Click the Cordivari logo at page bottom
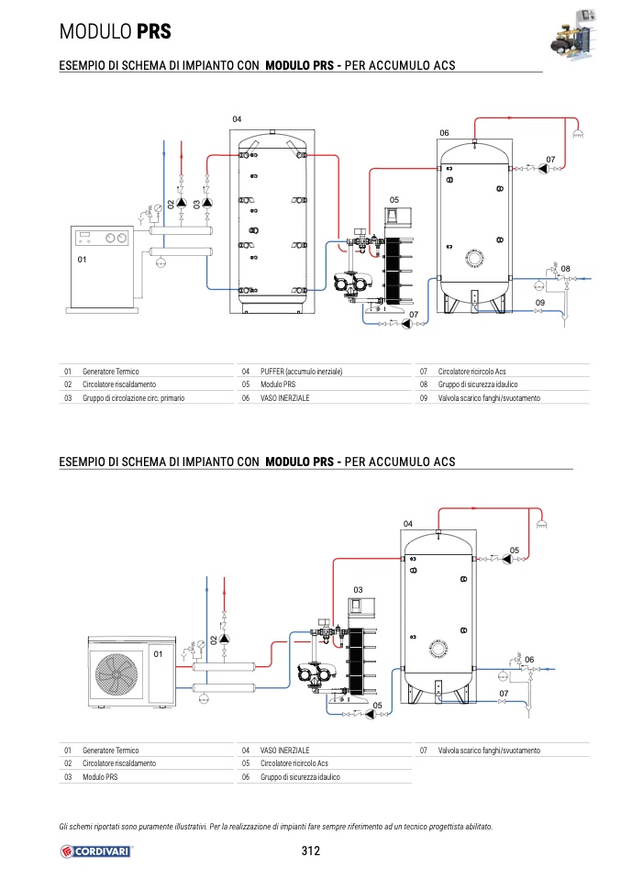click(x=96, y=851)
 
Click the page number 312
click(x=310, y=851)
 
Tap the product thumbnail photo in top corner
click(x=574, y=37)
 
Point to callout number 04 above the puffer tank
click(x=237, y=120)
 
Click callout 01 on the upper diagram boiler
click(x=82, y=261)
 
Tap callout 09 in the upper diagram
click(x=540, y=302)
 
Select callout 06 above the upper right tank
click(x=444, y=134)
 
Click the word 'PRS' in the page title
click(x=154, y=32)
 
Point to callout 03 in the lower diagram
click(x=359, y=589)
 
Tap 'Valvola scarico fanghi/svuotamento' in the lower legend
click(x=489, y=751)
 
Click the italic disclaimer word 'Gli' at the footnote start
click(x=63, y=827)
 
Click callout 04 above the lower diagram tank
click(x=408, y=524)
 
